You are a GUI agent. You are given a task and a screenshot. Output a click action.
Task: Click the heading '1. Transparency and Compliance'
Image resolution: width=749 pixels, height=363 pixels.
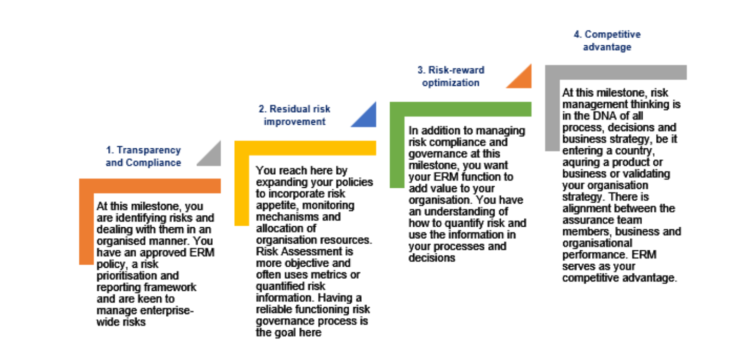click(143, 156)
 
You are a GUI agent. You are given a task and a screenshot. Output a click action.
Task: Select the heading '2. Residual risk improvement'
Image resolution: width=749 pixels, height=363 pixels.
click(294, 115)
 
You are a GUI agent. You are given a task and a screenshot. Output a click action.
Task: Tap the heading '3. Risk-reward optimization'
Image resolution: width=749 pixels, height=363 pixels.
click(451, 76)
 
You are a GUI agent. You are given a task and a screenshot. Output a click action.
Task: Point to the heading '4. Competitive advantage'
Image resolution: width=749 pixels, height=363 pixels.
click(607, 41)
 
